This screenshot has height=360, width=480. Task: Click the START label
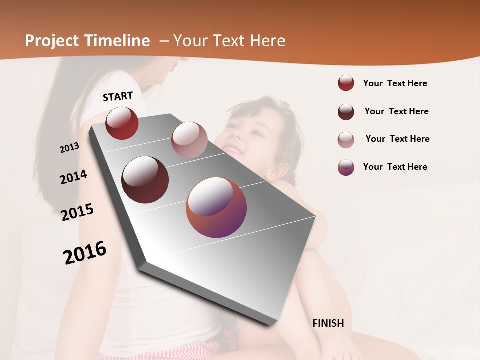point(118,96)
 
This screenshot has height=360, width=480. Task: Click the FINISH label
point(328,323)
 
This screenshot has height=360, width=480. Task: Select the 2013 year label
point(69,148)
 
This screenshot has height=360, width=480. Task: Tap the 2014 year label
point(73,177)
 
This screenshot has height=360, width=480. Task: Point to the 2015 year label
point(77,212)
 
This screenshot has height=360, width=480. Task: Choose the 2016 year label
point(85,252)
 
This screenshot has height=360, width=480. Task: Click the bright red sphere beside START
point(122,123)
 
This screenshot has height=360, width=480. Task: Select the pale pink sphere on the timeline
point(189,139)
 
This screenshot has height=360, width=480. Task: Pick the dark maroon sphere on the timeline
point(145,179)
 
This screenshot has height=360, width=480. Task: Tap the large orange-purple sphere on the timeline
point(216,207)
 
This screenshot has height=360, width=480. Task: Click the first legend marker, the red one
point(346,83)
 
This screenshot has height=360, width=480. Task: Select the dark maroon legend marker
point(346,112)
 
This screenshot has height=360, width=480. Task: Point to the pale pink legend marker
point(346,139)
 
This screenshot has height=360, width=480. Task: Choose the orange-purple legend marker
point(346,167)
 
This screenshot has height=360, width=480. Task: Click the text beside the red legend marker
point(395,83)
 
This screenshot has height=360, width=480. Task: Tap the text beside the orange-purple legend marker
point(395,167)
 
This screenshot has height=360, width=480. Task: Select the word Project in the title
point(52,41)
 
